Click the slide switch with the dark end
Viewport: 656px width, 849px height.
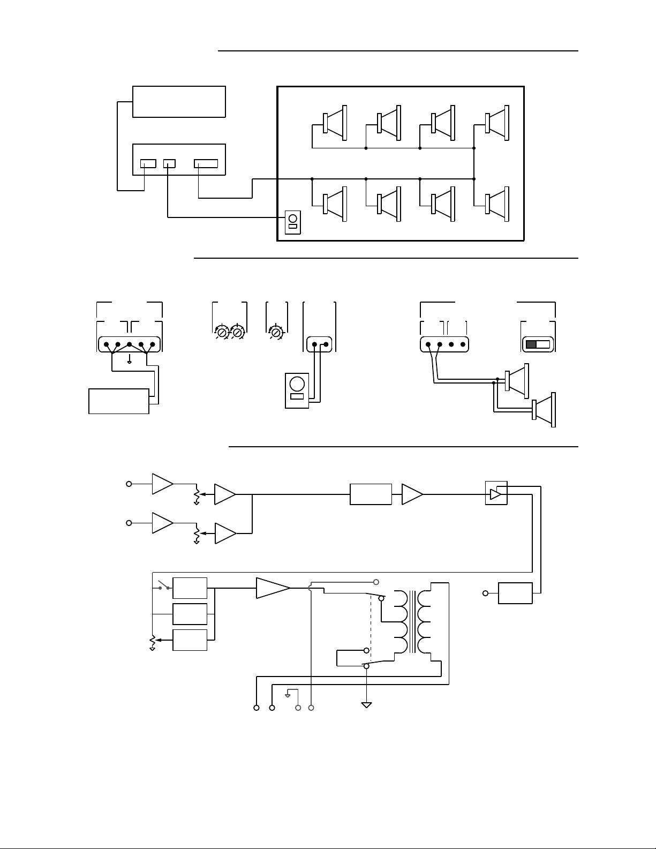(x=538, y=344)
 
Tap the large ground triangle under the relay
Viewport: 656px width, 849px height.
(x=366, y=705)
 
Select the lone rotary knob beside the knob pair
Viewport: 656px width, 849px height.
(x=275, y=333)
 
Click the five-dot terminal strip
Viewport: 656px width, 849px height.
(x=130, y=344)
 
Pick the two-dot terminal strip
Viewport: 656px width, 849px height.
(x=319, y=344)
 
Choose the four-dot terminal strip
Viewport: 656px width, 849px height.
(x=444, y=344)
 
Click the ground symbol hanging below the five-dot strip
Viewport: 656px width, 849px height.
(x=130, y=361)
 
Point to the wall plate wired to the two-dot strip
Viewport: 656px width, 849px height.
(x=297, y=390)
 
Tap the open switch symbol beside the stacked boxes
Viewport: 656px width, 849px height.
(x=163, y=587)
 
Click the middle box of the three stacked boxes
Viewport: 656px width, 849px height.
(x=190, y=614)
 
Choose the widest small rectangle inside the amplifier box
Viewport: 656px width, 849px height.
(x=206, y=163)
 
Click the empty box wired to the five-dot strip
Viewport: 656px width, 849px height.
(x=119, y=401)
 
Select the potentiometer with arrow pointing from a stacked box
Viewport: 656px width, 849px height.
(x=153, y=641)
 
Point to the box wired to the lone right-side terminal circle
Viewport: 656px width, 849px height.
(x=515, y=593)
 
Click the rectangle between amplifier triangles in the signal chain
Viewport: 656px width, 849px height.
(x=371, y=494)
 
